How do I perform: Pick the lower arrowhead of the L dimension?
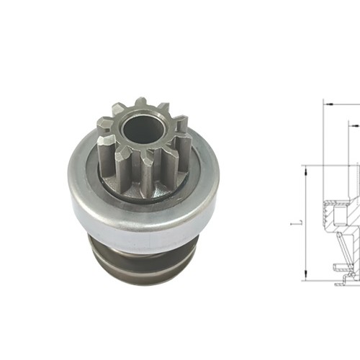click(x=305, y=276)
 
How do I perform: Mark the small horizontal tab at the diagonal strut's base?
click(x=338, y=267)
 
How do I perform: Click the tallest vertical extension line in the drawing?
click(x=323, y=144)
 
